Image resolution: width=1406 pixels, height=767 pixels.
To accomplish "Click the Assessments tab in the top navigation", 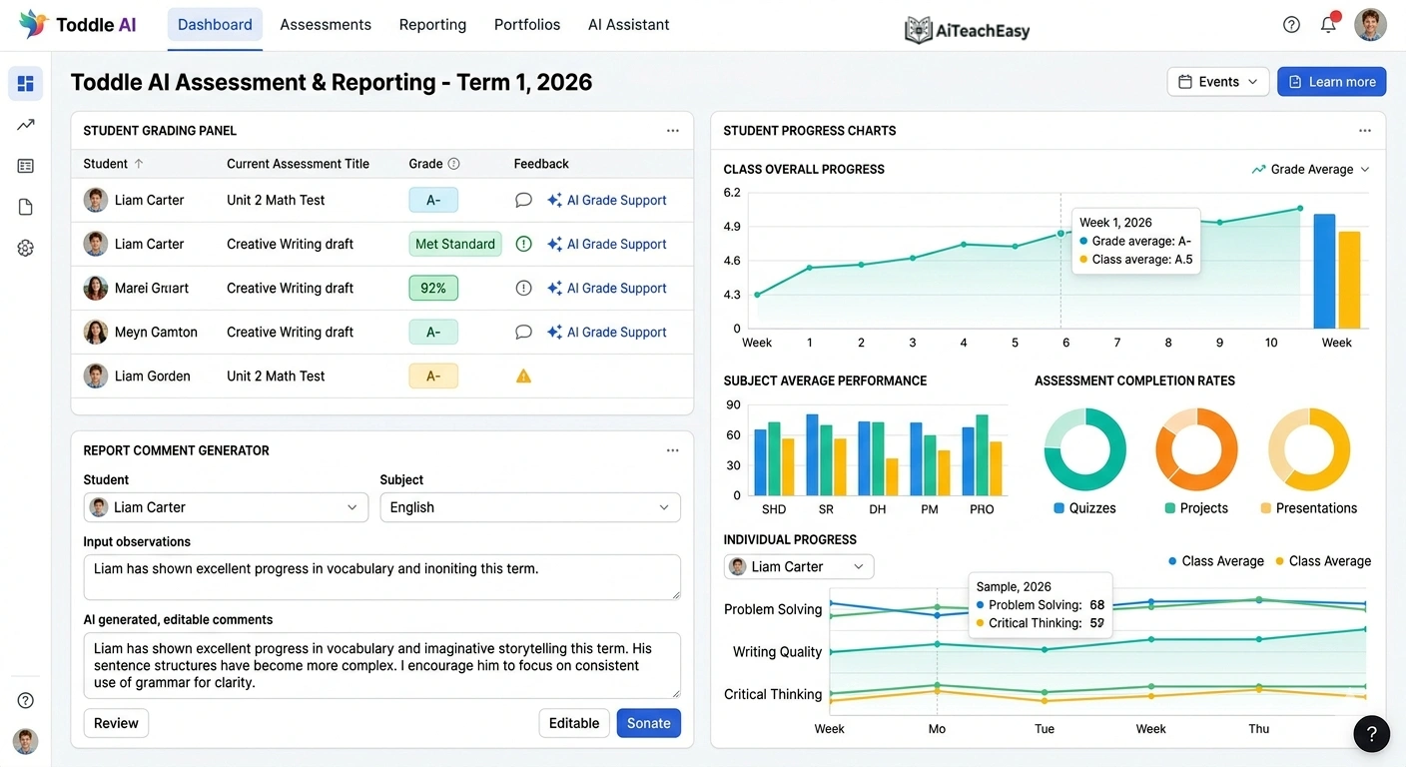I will [326, 25].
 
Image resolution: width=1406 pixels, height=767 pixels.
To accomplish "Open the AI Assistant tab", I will [628, 25].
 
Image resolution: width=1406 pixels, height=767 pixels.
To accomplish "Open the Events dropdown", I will [1217, 82].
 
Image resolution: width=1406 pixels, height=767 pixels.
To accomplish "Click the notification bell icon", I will [1328, 25].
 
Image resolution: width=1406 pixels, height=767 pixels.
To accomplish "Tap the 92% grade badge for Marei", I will [433, 288].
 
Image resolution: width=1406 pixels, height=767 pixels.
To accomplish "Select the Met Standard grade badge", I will [454, 244].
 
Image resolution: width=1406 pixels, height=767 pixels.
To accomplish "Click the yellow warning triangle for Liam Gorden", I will [523, 377].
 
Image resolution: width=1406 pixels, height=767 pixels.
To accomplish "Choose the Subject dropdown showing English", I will [530, 507].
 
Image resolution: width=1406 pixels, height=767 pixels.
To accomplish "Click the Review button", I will [116, 723].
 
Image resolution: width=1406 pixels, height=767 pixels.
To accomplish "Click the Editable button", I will [574, 723].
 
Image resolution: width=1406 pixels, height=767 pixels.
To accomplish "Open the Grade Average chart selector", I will [1310, 170].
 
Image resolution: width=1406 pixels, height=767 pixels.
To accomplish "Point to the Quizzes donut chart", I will [1084, 449].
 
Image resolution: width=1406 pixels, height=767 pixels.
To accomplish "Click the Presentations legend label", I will [1316, 508].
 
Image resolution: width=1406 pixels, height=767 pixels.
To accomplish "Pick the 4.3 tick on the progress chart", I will [732, 295].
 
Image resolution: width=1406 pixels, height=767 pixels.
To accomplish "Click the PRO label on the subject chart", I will [982, 509].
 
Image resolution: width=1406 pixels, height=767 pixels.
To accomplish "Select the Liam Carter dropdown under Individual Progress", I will [798, 566].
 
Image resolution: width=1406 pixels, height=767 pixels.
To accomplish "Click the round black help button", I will [1371, 734].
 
